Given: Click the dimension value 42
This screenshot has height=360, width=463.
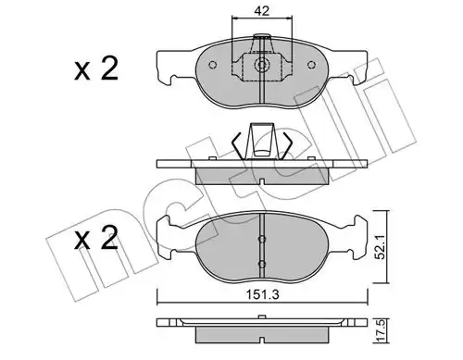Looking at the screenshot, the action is click(261, 11).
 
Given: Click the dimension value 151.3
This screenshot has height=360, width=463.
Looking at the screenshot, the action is click(262, 294).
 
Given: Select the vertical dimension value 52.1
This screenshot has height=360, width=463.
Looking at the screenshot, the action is click(382, 246).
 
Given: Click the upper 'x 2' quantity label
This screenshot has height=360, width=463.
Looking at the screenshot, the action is click(96, 69).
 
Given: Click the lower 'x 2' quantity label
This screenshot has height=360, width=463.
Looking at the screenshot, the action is click(96, 238).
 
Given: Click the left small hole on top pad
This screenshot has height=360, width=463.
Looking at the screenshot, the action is click(213, 65).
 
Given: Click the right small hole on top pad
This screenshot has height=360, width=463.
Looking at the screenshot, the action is click(311, 65).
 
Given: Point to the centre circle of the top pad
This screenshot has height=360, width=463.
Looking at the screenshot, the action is click(261, 65).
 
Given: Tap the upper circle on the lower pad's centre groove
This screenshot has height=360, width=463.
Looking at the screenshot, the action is click(262, 239).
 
